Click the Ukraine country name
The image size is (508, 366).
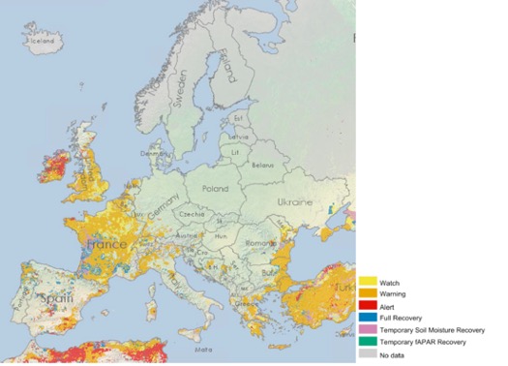coord(295,202)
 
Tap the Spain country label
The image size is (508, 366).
coord(57,300)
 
